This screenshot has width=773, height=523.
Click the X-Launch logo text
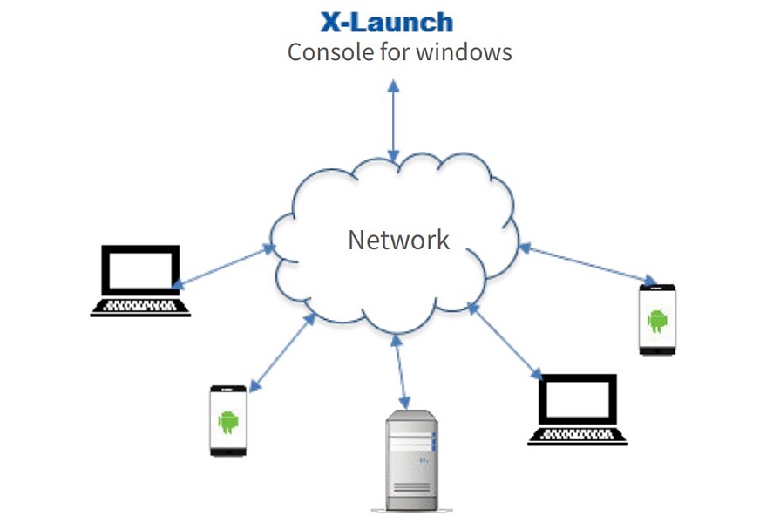tap(387, 21)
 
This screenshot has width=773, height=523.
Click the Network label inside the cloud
tap(398, 240)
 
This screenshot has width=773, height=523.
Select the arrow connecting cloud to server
tap(400, 370)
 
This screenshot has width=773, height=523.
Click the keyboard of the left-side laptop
tap(140, 306)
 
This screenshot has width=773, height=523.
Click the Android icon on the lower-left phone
tap(228, 421)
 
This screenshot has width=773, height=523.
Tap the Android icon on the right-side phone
tap(657, 320)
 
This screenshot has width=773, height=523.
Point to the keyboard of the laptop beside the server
tap(577, 435)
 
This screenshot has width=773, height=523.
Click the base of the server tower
tap(411, 508)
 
